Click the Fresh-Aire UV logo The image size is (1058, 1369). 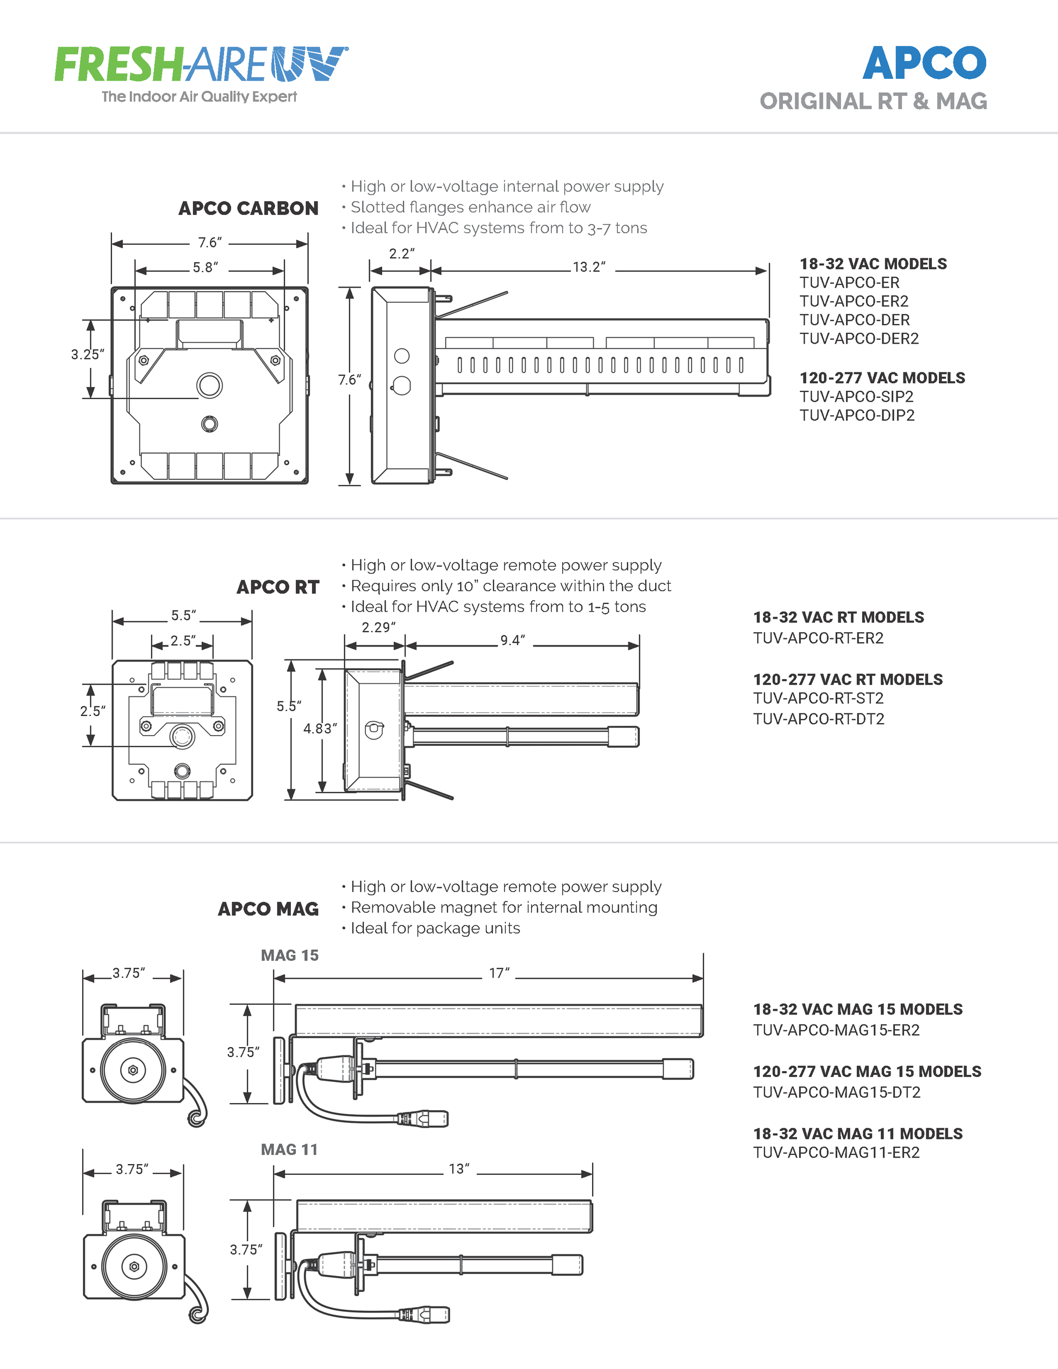[x=201, y=64]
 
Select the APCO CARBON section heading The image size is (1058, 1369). [x=248, y=208]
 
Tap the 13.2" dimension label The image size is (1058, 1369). [x=589, y=267]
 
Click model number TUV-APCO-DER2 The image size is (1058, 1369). [x=858, y=339]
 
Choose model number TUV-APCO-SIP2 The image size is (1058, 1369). [x=856, y=397]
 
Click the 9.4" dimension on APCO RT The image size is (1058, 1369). [x=512, y=640]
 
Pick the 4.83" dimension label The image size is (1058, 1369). [x=320, y=729]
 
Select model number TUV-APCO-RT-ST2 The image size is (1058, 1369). [x=818, y=698]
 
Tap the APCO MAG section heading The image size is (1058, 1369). [x=268, y=909]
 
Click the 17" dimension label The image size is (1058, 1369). [x=499, y=973]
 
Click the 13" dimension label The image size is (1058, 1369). [x=459, y=1169]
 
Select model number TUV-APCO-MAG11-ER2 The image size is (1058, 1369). [x=836, y=1153]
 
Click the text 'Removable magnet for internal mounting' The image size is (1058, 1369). [x=504, y=907]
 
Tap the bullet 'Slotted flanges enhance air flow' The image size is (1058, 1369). [x=470, y=208]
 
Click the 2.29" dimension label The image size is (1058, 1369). [x=378, y=627]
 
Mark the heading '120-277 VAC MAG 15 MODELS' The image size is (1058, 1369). [x=867, y=1072]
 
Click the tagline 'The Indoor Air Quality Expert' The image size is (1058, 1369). [x=200, y=97]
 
